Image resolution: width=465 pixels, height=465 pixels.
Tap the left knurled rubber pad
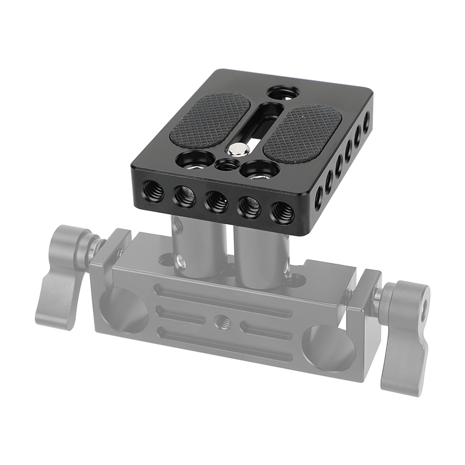coord(209,120)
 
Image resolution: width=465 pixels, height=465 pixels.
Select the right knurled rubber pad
coord(303,132)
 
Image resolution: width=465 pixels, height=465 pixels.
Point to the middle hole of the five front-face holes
coord(217,200)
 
